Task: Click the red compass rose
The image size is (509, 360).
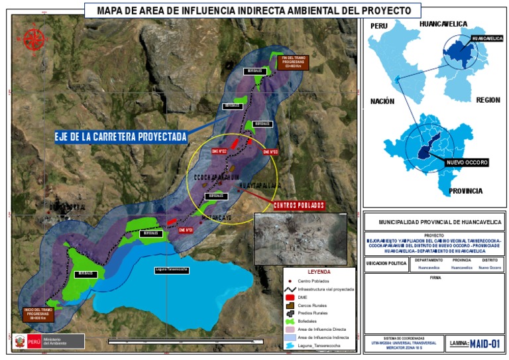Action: click(x=33, y=40)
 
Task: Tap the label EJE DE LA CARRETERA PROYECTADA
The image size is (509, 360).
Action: click(x=121, y=137)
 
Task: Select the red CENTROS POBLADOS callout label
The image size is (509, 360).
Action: click(x=298, y=205)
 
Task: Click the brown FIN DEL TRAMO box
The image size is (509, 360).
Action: click(x=292, y=63)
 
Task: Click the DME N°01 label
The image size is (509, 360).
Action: click(x=185, y=230)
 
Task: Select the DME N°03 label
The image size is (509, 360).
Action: click(x=270, y=152)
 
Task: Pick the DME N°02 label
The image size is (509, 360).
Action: click(x=219, y=151)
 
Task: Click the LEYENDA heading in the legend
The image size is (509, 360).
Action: click(x=319, y=272)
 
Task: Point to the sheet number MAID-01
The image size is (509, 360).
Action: click(x=486, y=343)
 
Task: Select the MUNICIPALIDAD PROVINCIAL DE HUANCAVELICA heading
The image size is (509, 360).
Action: click(x=434, y=223)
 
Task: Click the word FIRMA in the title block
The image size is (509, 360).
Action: click(x=434, y=278)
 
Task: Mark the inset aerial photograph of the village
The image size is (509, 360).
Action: click(x=300, y=238)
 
